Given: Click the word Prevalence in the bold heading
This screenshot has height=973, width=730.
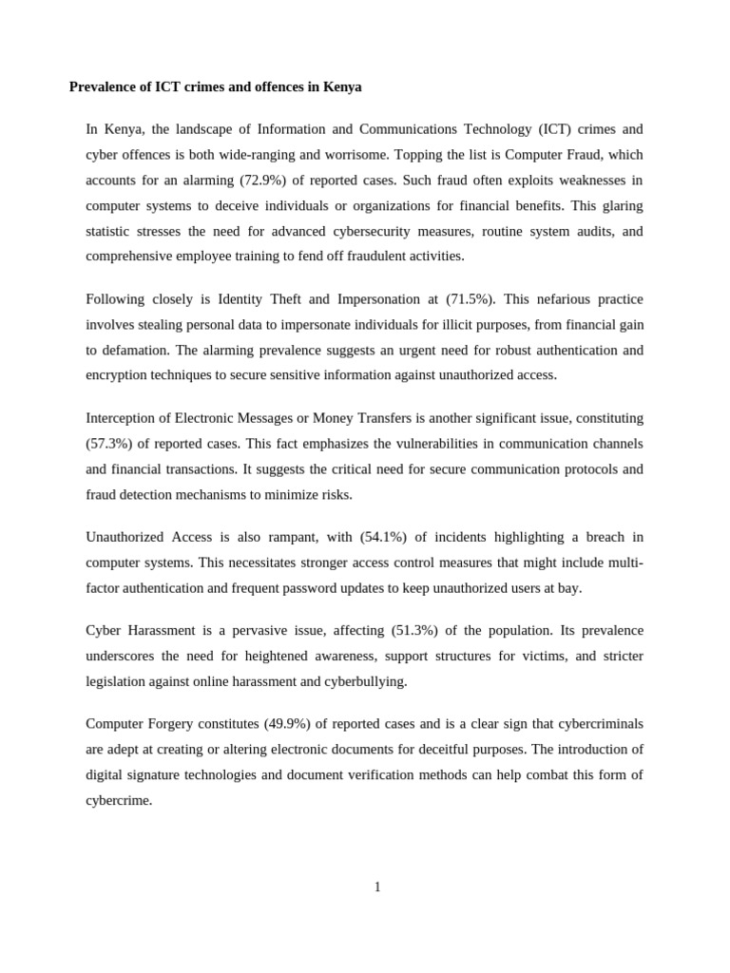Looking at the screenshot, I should pos(104,86).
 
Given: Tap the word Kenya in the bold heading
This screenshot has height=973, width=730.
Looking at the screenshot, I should pos(342,86).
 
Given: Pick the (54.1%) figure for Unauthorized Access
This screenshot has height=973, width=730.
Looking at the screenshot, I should pos(384,537).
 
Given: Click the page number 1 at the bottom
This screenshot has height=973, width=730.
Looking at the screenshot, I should pos(377,887).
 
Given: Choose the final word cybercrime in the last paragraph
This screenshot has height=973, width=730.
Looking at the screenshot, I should pos(118,800).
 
